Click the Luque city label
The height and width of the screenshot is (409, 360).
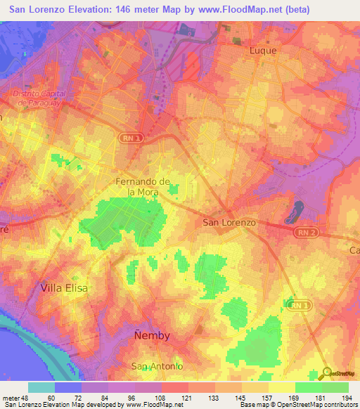(264, 51)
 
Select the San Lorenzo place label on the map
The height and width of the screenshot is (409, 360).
(229, 222)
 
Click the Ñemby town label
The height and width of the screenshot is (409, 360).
(151, 336)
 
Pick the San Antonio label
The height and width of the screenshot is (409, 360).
(157, 367)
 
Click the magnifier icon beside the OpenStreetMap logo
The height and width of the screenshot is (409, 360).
(327, 373)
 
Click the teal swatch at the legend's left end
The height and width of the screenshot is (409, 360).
(41, 387)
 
